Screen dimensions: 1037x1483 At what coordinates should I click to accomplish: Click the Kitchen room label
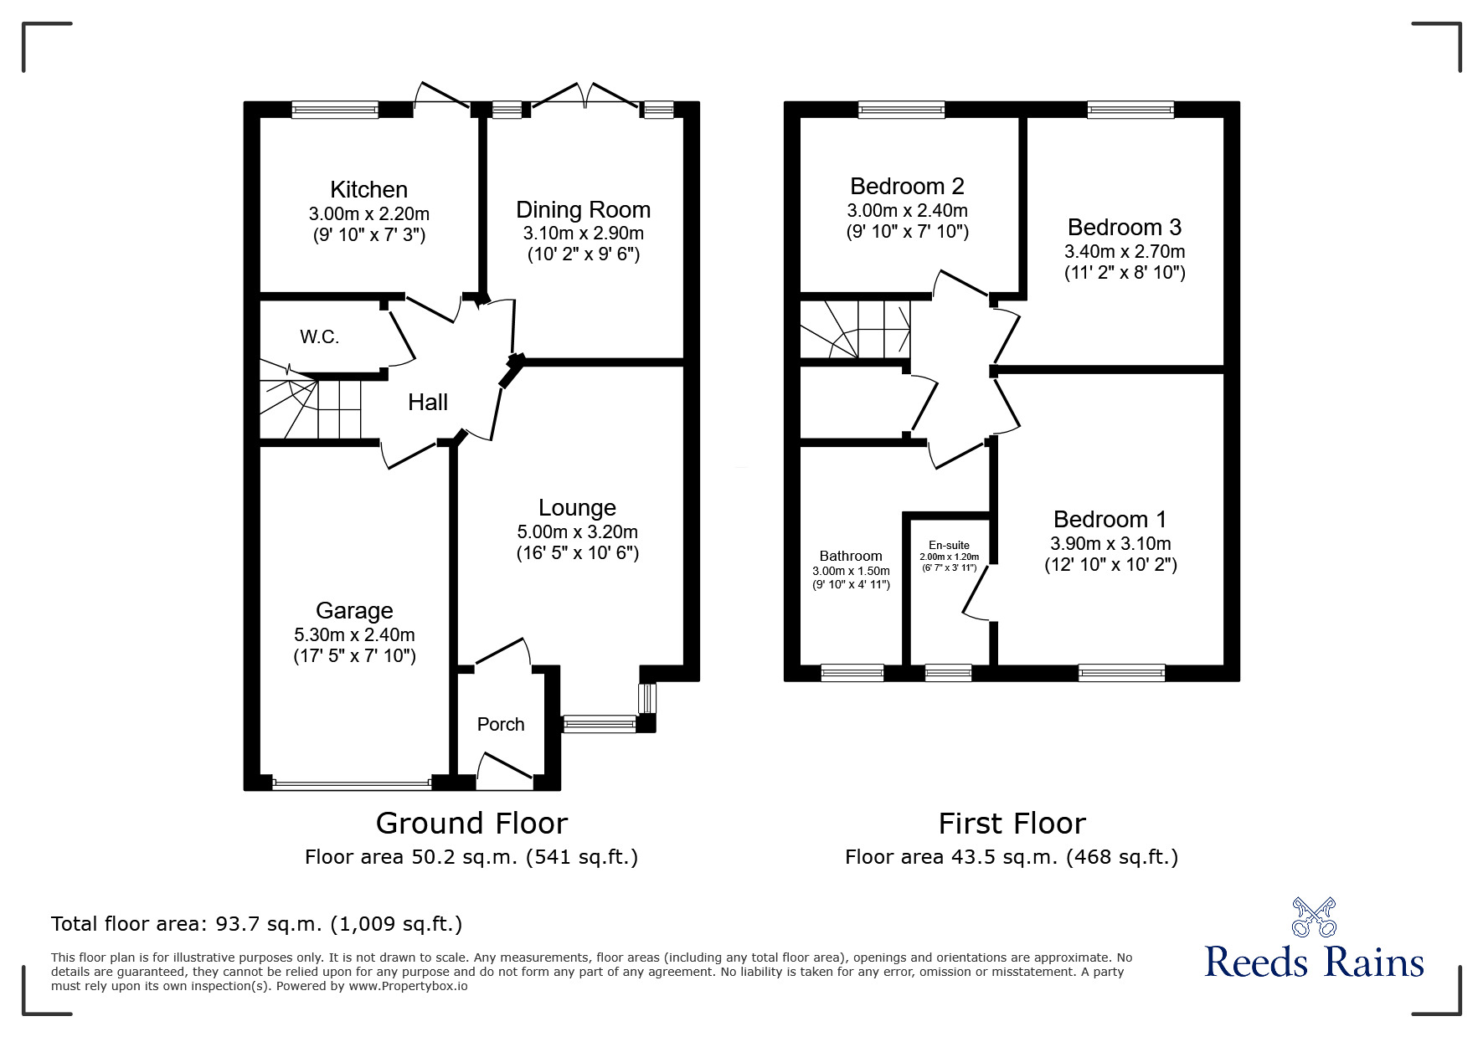[368, 190]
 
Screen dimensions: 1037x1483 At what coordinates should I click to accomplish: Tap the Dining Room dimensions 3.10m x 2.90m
[583, 234]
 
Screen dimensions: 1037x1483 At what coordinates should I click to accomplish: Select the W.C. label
[320, 337]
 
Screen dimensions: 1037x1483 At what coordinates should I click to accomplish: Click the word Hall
[428, 403]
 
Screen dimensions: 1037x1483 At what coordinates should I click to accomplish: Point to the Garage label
[354, 611]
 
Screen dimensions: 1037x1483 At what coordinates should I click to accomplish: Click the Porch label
[501, 725]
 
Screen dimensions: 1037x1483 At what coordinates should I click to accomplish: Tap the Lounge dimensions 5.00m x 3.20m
[577, 531]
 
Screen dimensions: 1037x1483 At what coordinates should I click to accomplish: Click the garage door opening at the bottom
[352, 784]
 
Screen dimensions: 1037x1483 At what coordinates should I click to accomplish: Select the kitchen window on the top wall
[335, 109]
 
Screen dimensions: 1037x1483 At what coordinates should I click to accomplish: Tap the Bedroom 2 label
[907, 186]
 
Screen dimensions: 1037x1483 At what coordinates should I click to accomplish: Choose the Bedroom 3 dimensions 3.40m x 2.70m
[1124, 251]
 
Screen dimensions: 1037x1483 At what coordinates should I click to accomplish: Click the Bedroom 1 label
[1110, 520]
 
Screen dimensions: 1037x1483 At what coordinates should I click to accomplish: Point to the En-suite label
[949, 545]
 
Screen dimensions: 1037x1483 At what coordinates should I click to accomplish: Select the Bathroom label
[850, 556]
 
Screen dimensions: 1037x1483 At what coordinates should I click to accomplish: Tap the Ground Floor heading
[471, 824]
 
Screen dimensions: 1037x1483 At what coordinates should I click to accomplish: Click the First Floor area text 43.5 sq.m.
[1011, 857]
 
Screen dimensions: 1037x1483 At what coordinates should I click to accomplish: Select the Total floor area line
[256, 924]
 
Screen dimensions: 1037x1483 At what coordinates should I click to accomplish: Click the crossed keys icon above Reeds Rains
[1313, 916]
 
